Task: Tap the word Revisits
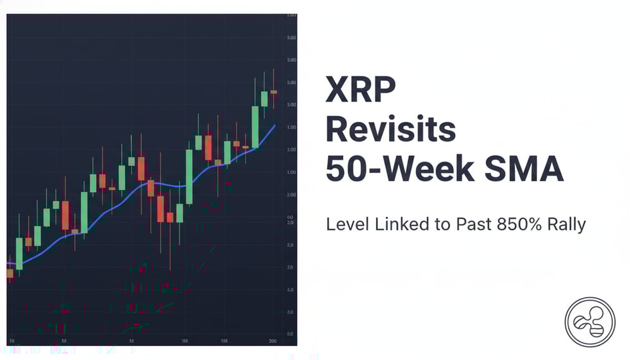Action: pos(391,129)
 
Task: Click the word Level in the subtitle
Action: pos(345,224)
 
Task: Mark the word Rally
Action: pos(567,224)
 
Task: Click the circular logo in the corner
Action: pos(590,321)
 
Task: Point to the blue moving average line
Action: pos(126,200)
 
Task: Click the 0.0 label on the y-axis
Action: pos(289,333)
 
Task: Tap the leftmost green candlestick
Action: pos(19,253)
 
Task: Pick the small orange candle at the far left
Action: pos(9,273)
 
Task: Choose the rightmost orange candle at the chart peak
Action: pos(274,92)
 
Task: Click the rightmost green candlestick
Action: pos(264,99)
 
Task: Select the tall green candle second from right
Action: pos(255,126)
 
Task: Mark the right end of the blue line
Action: pos(275,125)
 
